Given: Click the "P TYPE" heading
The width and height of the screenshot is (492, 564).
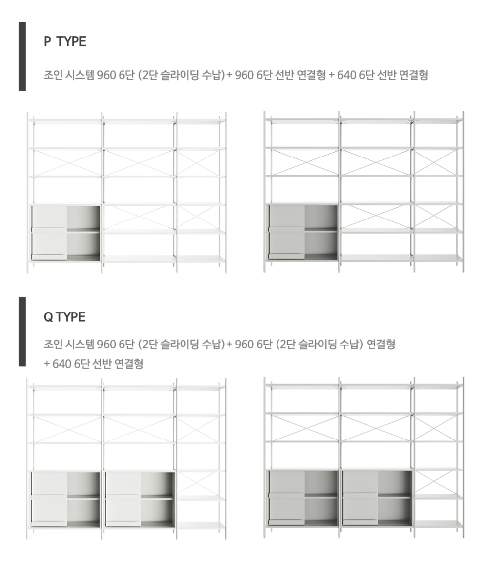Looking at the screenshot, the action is point(65,42).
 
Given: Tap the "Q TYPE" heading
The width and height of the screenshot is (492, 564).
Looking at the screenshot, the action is point(64,317).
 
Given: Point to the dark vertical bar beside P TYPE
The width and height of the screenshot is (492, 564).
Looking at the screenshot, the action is point(22,56).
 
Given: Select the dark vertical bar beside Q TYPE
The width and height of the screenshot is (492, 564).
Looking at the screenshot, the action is point(22,332).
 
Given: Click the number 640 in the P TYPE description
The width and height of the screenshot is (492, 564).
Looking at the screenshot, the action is point(347,75).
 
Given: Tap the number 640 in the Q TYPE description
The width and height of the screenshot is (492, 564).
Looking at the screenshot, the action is point(62,364).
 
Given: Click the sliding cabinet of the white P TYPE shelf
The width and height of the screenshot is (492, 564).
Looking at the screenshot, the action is point(66,232).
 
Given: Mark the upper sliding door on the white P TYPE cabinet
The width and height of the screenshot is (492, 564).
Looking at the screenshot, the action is point(50,217).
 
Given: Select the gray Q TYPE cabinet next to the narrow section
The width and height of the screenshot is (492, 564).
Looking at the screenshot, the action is point(377,498).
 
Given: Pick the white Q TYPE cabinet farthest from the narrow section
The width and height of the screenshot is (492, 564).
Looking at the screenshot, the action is point(66,500).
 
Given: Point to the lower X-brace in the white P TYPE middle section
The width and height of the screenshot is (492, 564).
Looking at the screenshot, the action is point(139,217).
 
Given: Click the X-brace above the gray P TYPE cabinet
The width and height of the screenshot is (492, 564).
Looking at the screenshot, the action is point(304,162).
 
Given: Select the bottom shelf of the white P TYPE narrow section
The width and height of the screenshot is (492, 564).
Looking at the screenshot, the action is point(201,259).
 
